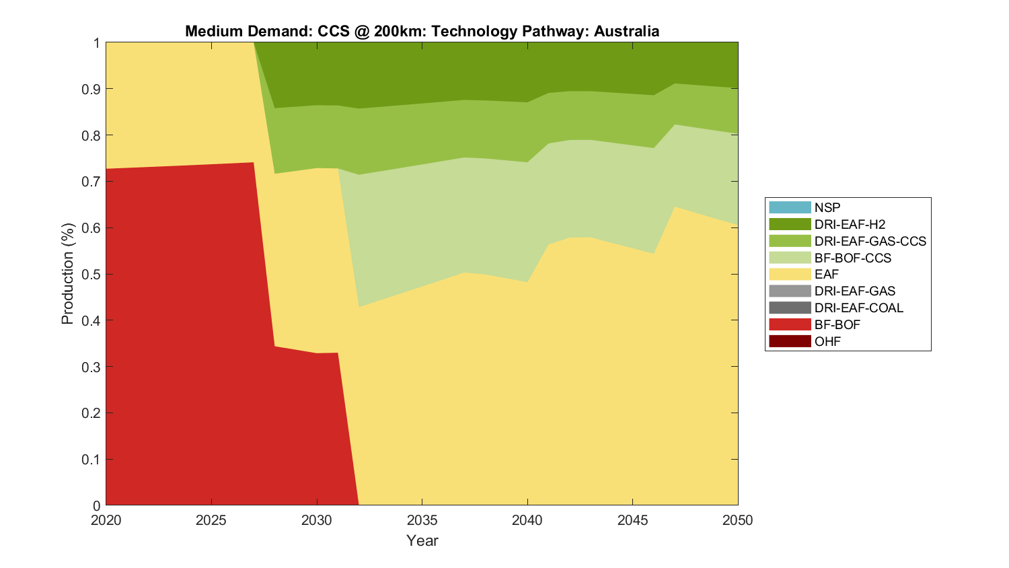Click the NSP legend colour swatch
790,207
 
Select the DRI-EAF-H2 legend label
850,224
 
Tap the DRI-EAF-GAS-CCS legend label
870,241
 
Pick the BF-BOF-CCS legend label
852,258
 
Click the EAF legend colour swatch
790,274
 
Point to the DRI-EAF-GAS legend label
854,291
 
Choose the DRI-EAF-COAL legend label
858,308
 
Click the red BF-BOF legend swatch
790,324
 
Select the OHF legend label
827,341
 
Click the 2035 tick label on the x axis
422,520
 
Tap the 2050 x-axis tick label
738,520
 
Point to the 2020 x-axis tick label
106,520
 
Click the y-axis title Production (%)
67,274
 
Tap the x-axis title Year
422,540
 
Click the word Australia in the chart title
626,32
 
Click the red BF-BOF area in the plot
182,336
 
